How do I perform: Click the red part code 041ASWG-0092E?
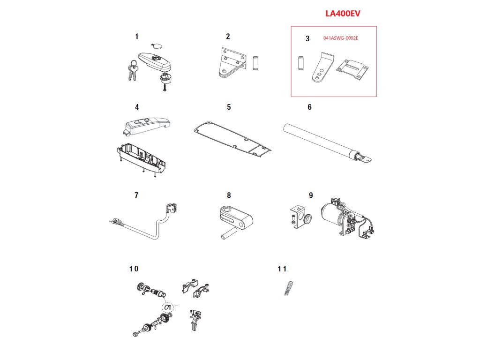click(341, 38)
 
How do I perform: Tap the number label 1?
click(136, 36)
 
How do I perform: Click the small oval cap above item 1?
click(156, 46)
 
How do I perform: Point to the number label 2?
click(228, 36)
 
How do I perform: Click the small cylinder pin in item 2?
click(256, 63)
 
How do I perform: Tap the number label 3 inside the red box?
click(307, 39)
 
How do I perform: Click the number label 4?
click(137, 107)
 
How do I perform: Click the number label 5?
click(229, 107)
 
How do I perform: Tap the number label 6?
click(309, 107)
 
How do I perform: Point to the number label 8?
click(229, 195)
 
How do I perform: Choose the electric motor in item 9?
click(334, 217)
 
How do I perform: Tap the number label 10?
click(134, 269)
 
